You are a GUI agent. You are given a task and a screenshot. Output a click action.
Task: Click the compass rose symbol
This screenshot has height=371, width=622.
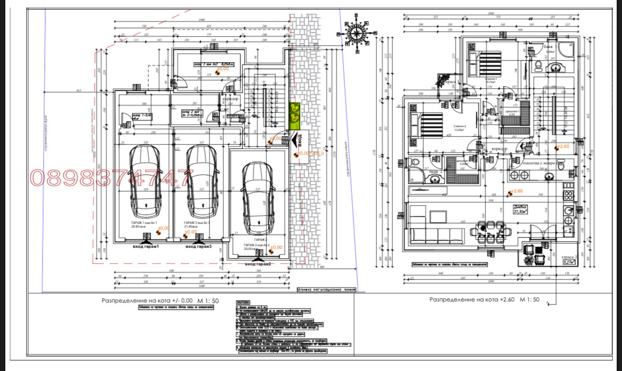click(356, 33)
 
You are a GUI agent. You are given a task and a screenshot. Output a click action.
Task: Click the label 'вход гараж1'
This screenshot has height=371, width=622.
click(146, 247)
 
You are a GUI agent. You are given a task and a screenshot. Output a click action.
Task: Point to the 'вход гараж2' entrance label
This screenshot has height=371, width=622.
click(258, 264)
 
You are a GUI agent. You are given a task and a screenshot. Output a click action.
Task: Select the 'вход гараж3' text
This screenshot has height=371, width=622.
click(199, 247)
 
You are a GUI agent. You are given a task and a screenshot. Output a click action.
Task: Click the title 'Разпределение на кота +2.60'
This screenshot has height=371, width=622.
click(484, 300)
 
